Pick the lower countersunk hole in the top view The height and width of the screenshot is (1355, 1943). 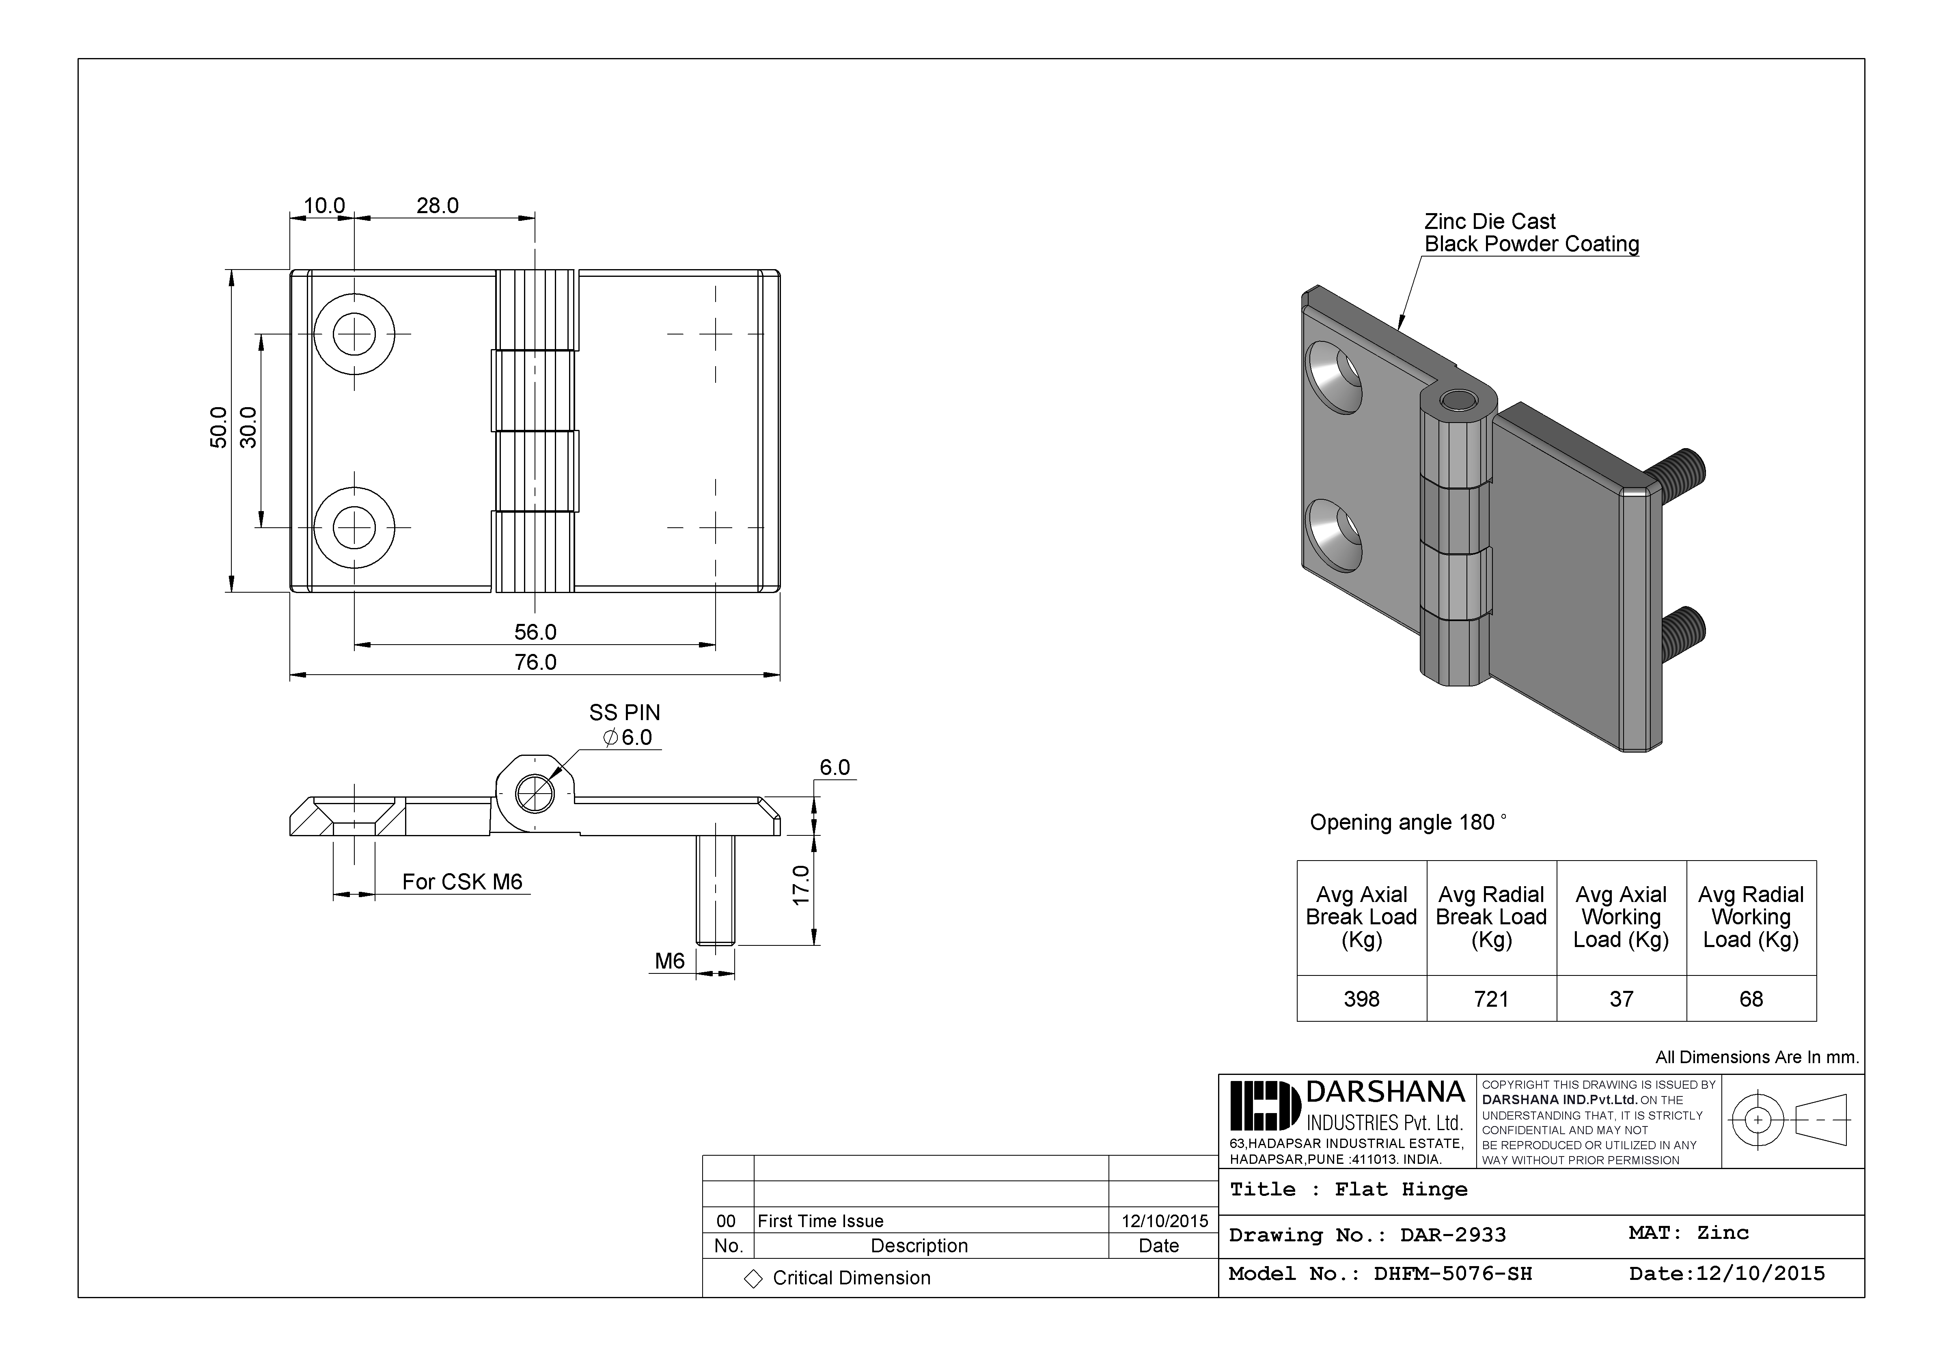pos(354,527)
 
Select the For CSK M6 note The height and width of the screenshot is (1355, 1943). pos(462,882)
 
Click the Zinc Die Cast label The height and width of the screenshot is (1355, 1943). pos(1489,222)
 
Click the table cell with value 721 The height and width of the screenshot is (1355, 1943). pos(1491,999)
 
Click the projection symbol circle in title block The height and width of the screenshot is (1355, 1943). pos(1758,1120)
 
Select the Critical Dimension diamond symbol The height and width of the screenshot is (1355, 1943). pos(753,1279)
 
